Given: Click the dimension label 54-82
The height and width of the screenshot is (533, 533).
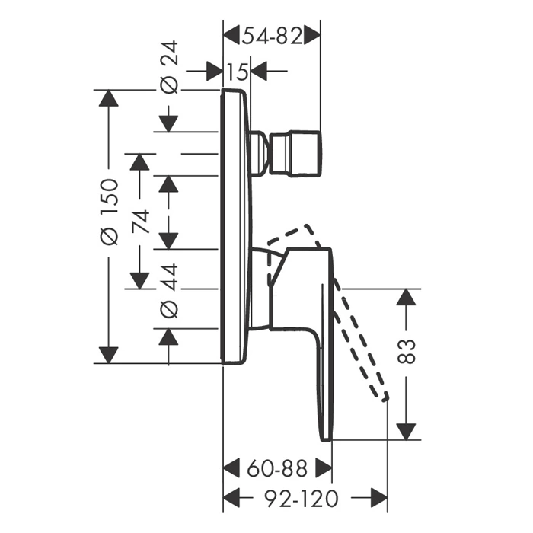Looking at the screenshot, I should [x=271, y=35].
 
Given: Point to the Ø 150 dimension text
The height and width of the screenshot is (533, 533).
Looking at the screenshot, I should [x=110, y=211].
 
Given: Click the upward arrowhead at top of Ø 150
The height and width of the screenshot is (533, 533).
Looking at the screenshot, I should [x=110, y=100].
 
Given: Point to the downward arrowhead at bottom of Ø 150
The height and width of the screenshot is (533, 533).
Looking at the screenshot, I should [x=110, y=354].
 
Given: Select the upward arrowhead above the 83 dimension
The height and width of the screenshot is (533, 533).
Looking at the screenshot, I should [x=407, y=298].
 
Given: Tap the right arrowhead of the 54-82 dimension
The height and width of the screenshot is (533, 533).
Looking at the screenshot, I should [x=311, y=35].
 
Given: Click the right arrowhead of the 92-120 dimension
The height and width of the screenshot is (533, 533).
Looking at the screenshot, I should [x=378, y=498].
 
